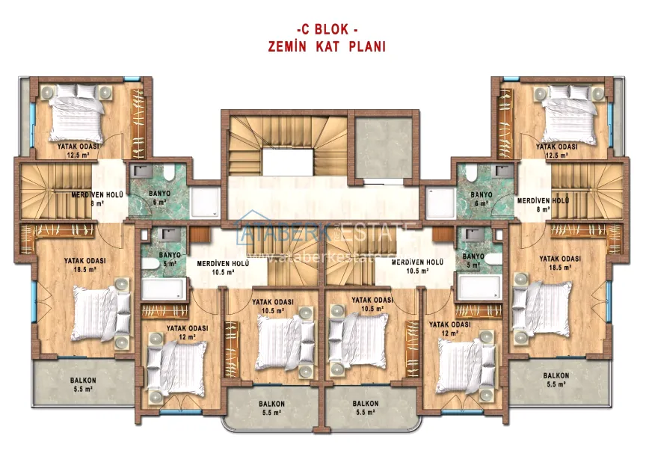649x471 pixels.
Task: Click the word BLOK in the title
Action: (x=331, y=29)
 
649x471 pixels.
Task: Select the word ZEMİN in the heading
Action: (x=287, y=46)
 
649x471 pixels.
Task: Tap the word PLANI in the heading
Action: (x=367, y=46)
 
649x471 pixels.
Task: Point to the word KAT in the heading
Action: (x=327, y=46)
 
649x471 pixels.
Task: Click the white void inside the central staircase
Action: (x=287, y=162)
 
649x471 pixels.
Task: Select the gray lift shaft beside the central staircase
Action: (x=384, y=149)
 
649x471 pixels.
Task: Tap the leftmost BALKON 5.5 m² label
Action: (x=83, y=384)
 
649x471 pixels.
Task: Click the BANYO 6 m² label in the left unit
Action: (x=159, y=197)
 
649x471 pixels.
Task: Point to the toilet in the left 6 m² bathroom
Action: (x=169, y=172)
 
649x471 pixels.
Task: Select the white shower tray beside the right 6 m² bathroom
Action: (x=441, y=203)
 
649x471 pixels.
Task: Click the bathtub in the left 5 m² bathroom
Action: (x=164, y=289)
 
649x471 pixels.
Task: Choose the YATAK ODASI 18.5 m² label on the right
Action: (x=560, y=263)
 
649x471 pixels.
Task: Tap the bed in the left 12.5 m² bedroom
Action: (x=76, y=114)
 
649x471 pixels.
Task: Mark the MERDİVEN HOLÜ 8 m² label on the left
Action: (x=97, y=199)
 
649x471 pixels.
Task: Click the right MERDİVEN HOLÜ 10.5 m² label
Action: (x=417, y=267)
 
